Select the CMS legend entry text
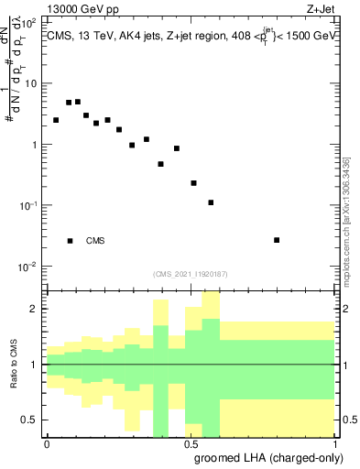[95, 241]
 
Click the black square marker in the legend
[70, 241]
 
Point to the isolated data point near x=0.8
[277, 240]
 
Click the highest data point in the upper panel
[78, 102]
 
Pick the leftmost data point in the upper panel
[56, 120]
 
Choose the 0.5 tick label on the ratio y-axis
[31, 420]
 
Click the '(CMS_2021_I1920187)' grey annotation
[190, 274]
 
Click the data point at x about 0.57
[211, 202]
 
